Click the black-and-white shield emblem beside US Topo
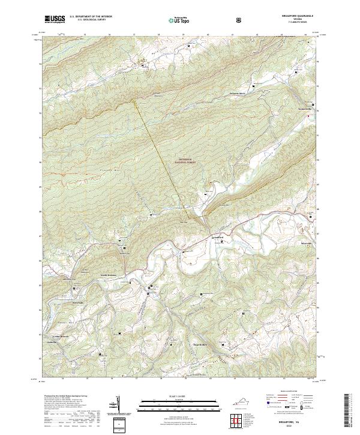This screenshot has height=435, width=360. tap(206, 19)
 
